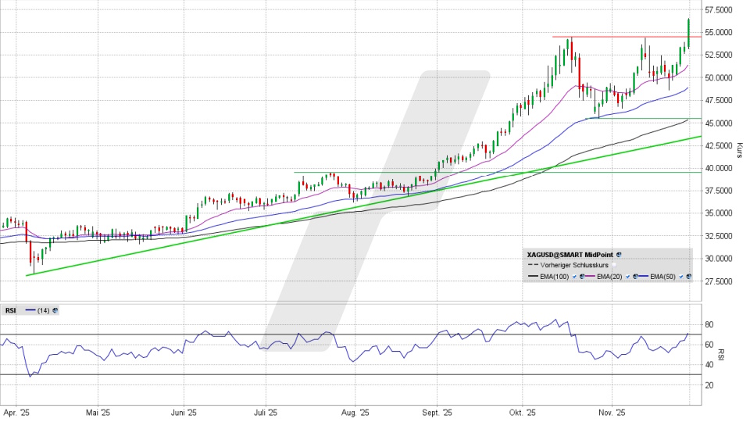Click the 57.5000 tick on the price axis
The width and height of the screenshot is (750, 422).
click(x=718, y=10)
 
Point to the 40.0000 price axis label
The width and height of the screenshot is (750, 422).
click(x=718, y=168)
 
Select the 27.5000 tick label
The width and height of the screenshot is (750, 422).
click(x=718, y=281)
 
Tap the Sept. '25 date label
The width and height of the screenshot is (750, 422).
click(x=437, y=412)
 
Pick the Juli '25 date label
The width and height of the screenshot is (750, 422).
click(x=266, y=412)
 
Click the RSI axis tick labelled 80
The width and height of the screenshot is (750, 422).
click(x=709, y=324)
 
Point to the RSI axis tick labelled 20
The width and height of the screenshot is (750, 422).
click(x=709, y=385)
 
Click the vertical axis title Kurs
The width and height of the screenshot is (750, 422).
click(x=739, y=148)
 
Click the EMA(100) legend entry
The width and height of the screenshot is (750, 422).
click(x=554, y=277)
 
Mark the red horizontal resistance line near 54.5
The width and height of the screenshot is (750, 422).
click(x=617, y=37)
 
